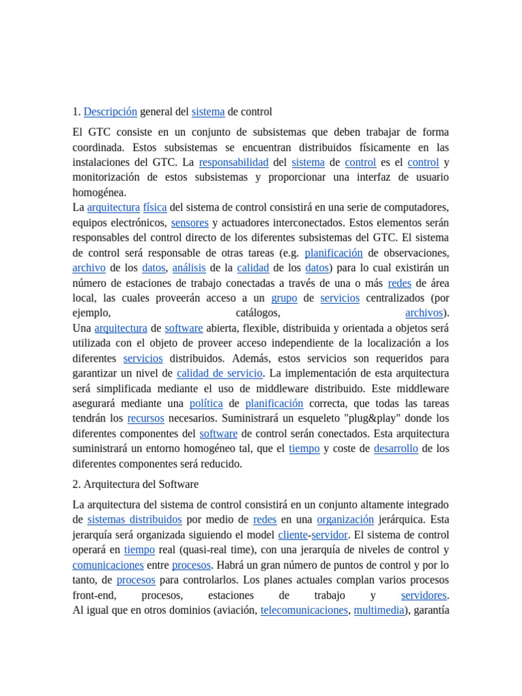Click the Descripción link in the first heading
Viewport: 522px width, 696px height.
pos(110,111)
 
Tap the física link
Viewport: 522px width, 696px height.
pos(155,207)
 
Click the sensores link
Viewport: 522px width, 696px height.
pos(190,222)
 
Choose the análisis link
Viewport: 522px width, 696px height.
pos(189,268)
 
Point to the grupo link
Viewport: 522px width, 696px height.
pos(284,298)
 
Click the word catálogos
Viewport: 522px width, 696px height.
pos(258,313)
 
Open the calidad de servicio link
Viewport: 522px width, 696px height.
pos(220,373)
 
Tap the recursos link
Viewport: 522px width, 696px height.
pos(145,418)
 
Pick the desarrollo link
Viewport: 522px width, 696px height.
pos(396,449)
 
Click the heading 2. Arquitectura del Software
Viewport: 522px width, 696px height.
pos(135,485)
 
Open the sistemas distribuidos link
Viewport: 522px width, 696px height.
pos(135,519)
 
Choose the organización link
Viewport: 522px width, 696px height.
pos(345,519)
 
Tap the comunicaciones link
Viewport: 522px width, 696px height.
pos(108,565)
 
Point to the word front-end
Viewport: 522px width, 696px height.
pos(92,595)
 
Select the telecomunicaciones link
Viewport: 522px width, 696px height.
pos(304,610)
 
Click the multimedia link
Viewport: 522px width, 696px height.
pos(379,610)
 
